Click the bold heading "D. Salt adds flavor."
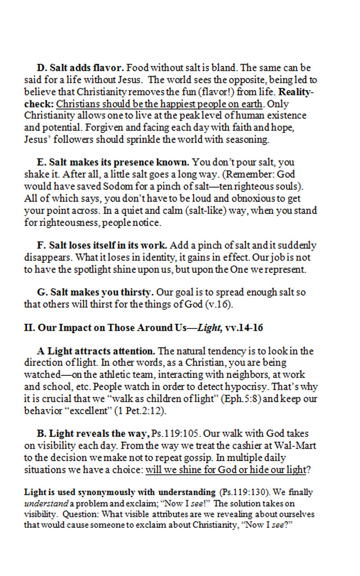(81, 68)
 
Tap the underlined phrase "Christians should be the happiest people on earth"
(159, 104)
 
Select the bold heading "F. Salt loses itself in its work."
(102, 246)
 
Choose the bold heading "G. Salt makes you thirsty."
(95, 292)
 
